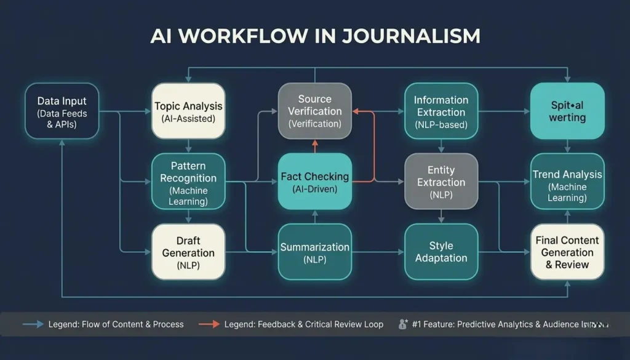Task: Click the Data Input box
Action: point(62,111)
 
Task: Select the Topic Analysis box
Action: point(188,111)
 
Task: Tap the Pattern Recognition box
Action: point(188,182)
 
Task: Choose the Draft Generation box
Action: point(188,252)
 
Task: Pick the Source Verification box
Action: point(314,111)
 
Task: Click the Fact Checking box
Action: point(314,182)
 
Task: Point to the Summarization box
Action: point(314,252)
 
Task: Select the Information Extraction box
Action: point(441,111)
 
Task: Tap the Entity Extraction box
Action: point(441,182)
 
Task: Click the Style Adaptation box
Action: point(441,252)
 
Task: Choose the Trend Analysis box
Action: point(567,182)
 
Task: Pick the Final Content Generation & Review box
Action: point(567,252)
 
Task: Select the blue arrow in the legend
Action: point(33,324)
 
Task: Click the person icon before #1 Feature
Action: point(404,324)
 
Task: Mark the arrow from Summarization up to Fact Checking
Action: point(314,217)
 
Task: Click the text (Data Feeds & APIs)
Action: point(62,119)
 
